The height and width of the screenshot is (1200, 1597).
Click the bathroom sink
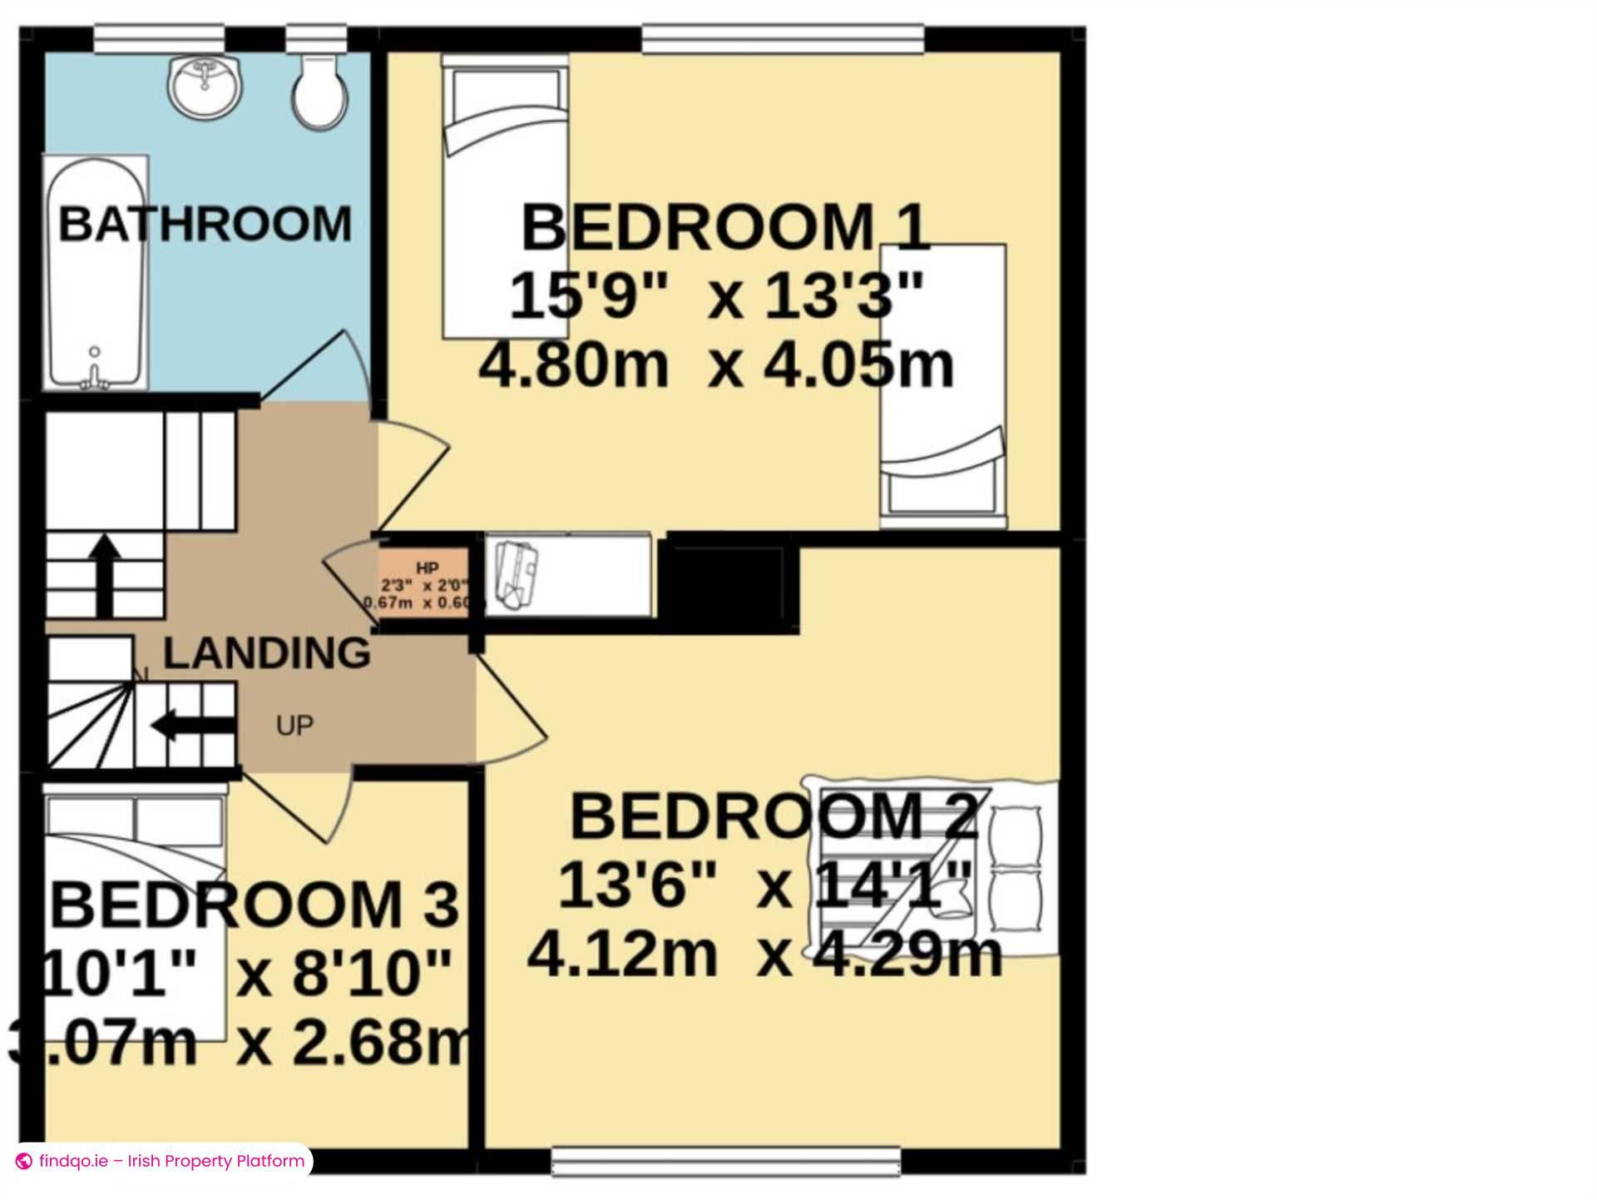click(x=206, y=86)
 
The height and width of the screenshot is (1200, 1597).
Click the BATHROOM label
click(x=205, y=224)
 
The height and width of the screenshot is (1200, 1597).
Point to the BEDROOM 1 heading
click(x=724, y=227)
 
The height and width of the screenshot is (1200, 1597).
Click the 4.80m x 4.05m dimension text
click(x=716, y=365)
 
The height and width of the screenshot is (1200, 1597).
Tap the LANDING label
click(x=266, y=653)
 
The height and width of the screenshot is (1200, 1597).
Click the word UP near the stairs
click(x=294, y=726)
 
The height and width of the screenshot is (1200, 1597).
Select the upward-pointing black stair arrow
click(x=104, y=574)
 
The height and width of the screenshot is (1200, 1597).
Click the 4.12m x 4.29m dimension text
click(x=764, y=955)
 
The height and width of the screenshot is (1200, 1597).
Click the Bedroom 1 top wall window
click(x=783, y=38)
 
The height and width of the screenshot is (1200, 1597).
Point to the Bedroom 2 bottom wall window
click(x=726, y=1162)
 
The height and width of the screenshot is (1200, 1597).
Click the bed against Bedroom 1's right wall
click(x=943, y=387)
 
